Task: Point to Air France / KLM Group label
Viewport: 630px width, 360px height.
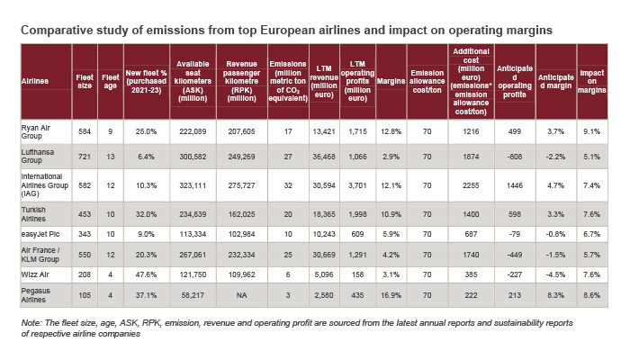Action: [x=41, y=255]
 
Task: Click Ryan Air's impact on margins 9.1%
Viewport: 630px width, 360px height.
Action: [x=590, y=131]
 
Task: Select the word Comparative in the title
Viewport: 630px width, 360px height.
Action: [x=60, y=30]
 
